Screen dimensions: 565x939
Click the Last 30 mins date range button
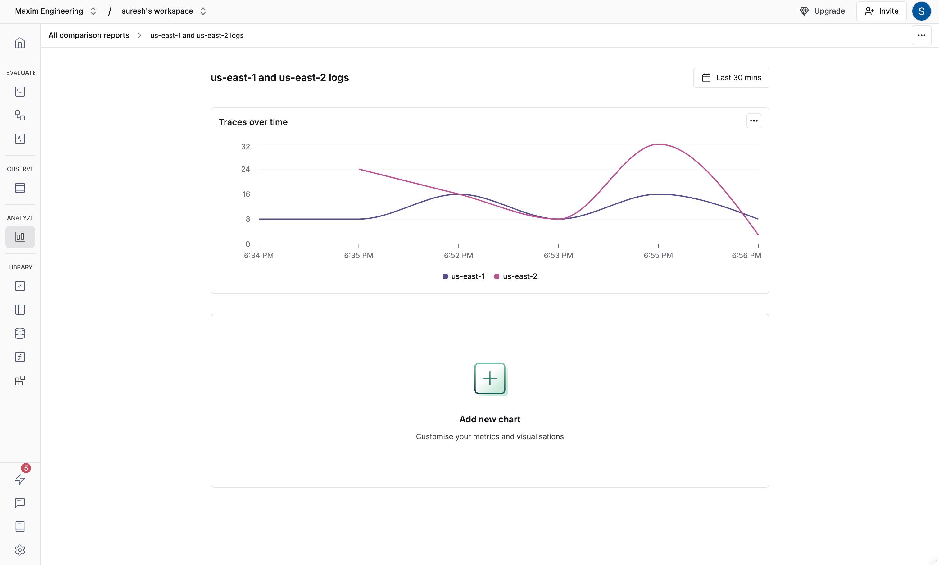pos(731,78)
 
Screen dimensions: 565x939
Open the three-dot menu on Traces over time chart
pos(753,121)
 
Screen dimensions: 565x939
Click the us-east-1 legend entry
pos(464,276)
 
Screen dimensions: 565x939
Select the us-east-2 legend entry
pos(516,276)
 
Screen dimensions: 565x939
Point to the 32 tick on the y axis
pos(246,147)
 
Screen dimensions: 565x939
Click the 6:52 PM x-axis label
pos(458,255)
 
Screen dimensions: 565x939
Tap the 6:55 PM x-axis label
pos(658,255)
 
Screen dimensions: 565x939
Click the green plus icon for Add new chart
pos(490,378)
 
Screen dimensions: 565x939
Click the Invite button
pos(881,11)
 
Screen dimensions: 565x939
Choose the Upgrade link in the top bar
pos(822,11)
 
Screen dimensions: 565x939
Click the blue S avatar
pos(921,11)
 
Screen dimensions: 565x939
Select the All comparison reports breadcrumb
pos(89,35)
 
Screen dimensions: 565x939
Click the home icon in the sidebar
pos(20,43)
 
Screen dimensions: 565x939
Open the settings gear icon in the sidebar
pos(20,550)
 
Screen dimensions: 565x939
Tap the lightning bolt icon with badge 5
pos(20,479)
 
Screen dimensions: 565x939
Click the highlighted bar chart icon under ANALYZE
pos(20,237)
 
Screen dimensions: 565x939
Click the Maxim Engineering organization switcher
pos(55,11)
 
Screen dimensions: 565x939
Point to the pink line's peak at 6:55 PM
pos(658,144)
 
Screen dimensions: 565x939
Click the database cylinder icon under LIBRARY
pos(20,333)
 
